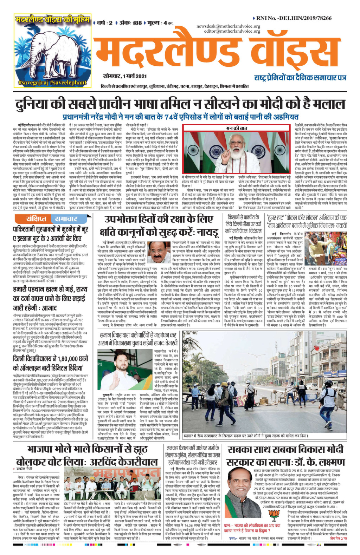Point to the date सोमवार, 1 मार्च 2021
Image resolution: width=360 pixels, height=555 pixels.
(x=120, y=76)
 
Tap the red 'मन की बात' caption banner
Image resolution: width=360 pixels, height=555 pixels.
(x=236, y=128)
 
